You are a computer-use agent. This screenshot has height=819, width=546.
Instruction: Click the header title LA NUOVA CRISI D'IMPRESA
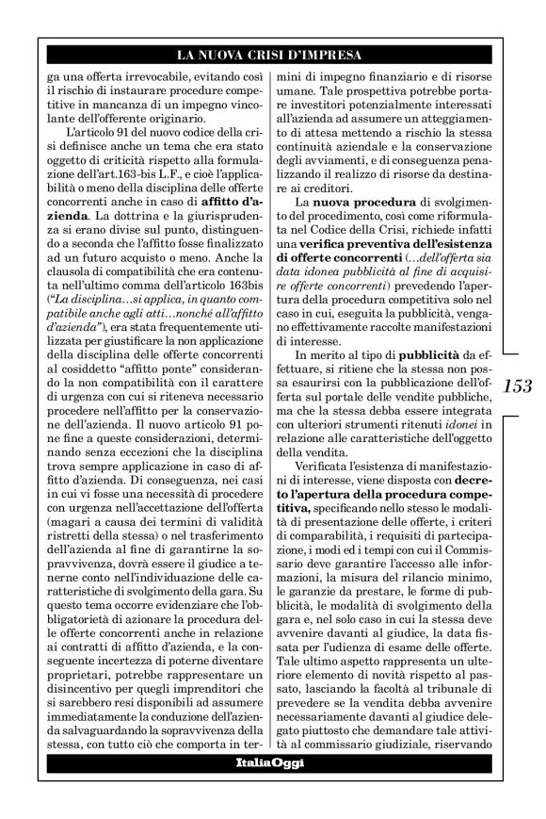point(269,54)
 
